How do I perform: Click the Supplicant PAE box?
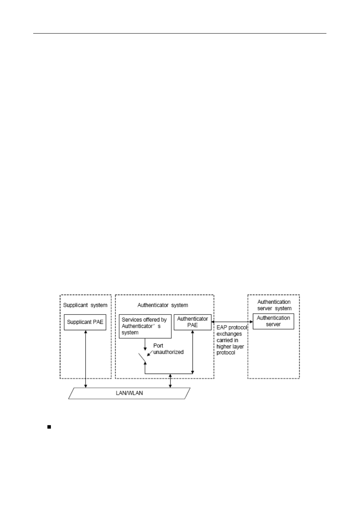click(x=85, y=322)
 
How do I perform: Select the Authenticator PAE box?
click(x=192, y=322)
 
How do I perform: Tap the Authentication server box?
click(x=273, y=321)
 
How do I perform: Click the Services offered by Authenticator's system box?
click(x=145, y=326)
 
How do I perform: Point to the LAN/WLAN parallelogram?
click(x=129, y=393)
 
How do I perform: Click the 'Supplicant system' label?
click(x=85, y=305)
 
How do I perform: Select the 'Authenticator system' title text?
click(x=163, y=305)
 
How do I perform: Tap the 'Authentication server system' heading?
click(x=274, y=305)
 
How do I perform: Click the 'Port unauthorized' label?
click(x=168, y=349)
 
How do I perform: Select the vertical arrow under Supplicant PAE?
click(x=86, y=359)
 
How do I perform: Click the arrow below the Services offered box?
click(x=145, y=344)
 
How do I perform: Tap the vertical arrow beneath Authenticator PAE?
click(x=192, y=352)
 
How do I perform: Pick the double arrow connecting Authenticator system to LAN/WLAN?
click(x=171, y=380)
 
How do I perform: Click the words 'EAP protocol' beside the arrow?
click(x=231, y=328)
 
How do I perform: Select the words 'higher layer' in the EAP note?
click(x=230, y=346)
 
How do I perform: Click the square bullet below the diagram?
click(x=49, y=427)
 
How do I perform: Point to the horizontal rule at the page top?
click(x=180, y=34)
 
